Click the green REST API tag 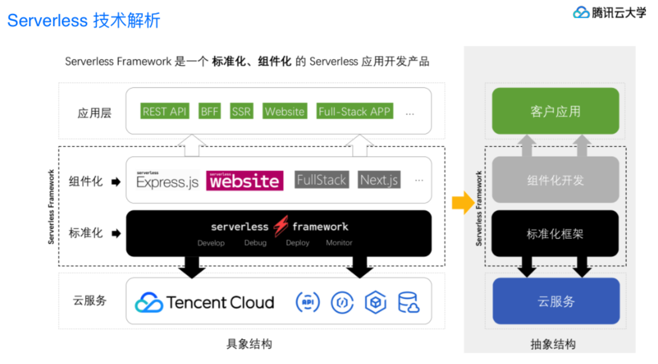pyautogui.click(x=165, y=111)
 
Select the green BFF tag pyautogui.click(x=209, y=111)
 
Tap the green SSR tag pyautogui.click(x=241, y=111)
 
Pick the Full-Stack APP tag pyautogui.click(x=355, y=111)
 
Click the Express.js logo pyautogui.click(x=168, y=181)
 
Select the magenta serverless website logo pyautogui.click(x=244, y=181)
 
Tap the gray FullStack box pyautogui.click(x=322, y=180)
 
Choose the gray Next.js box pyautogui.click(x=379, y=180)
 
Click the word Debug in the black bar pyautogui.click(x=255, y=243)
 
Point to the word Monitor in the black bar pyautogui.click(x=339, y=243)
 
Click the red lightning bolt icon pyautogui.click(x=280, y=227)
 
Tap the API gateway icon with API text pyautogui.click(x=308, y=302)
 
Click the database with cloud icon pyautogui.click(x=409, y=302)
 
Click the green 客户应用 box pyautogui.click(x=555, y=111)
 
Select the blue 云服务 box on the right pyautogui.click(x=556, y=301)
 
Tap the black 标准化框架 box pyautogui.click(x=555, y=234)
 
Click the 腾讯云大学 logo pyautogui.click(x=610, y=12)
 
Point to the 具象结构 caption pyautogui.click(x=249, y=343)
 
